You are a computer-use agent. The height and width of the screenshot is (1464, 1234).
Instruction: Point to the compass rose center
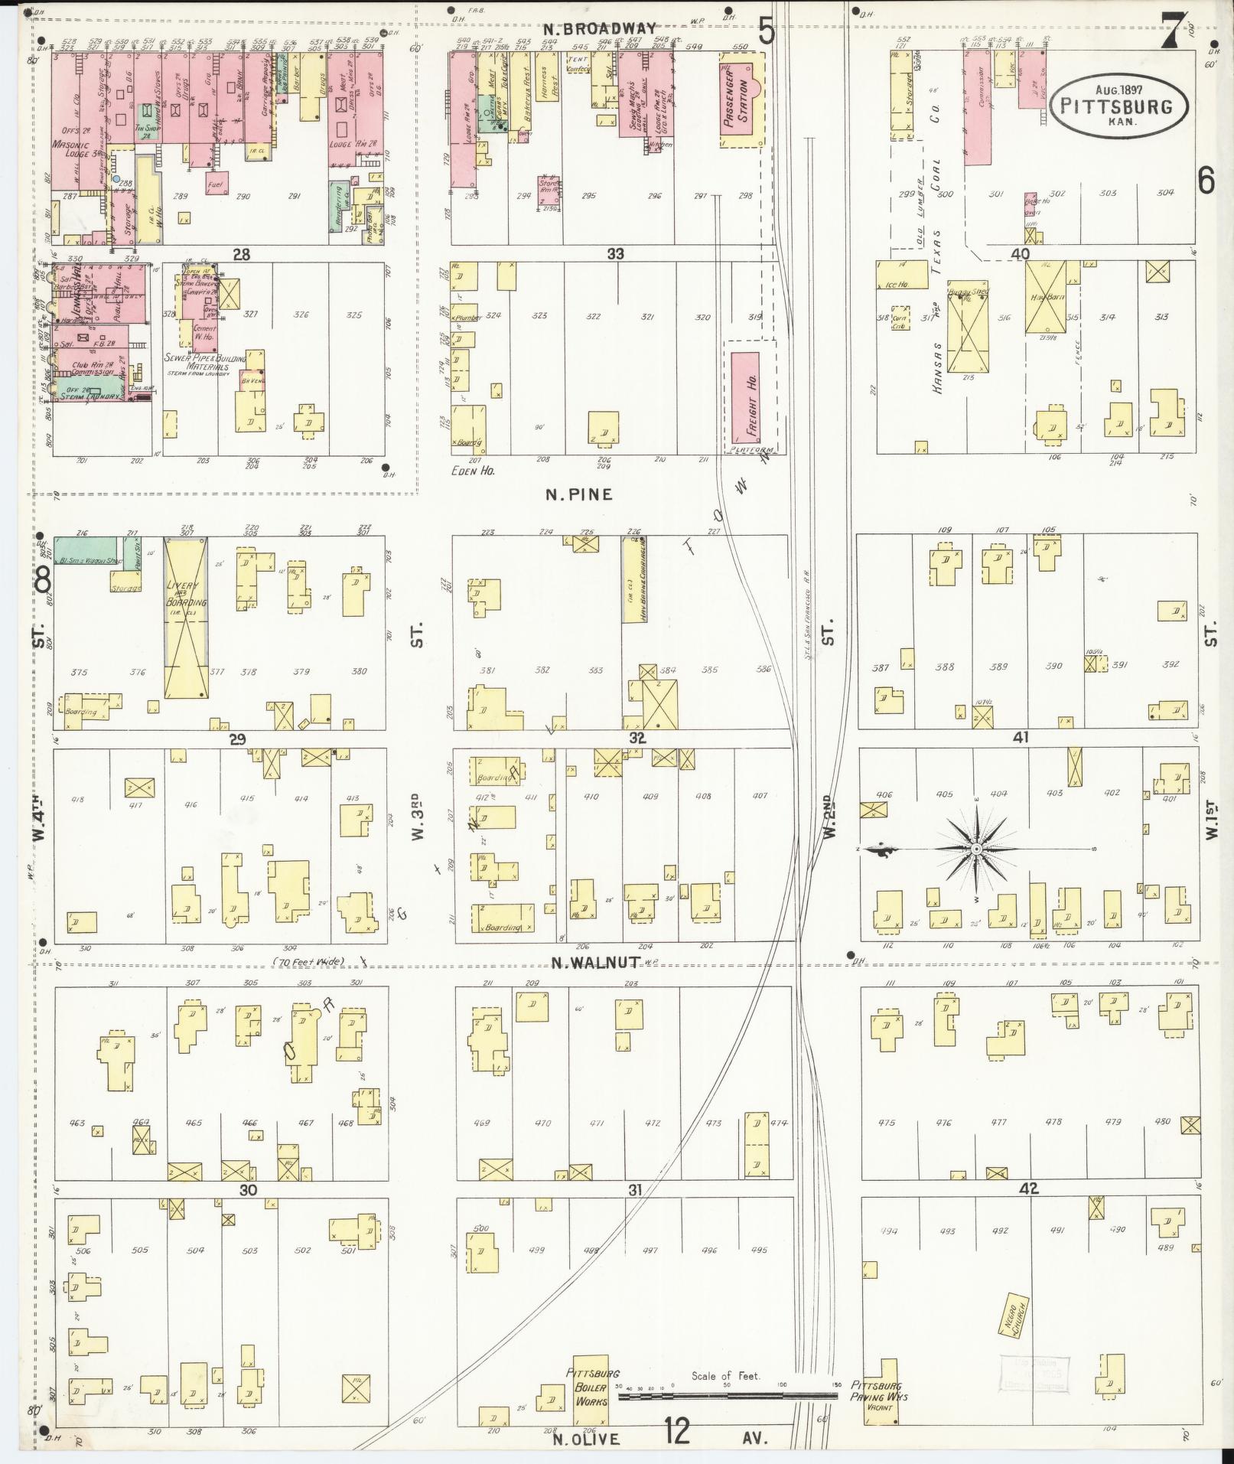tap(976, 849)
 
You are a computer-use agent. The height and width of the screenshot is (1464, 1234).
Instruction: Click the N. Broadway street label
tap(600, 28)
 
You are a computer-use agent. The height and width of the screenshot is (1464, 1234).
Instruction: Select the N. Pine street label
tap(578, 494)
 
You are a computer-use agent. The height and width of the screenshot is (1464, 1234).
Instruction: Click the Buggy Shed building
tap(968, 329)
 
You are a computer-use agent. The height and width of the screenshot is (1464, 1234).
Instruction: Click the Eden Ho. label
tap(474, 471)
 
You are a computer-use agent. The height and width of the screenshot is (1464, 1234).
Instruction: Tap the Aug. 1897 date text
tap(1119, 89)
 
